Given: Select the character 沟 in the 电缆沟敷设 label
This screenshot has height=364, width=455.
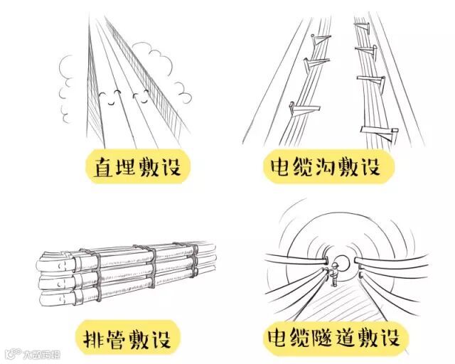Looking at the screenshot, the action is (331, 168).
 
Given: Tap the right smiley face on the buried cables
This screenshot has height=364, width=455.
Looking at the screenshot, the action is (140, 99).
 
